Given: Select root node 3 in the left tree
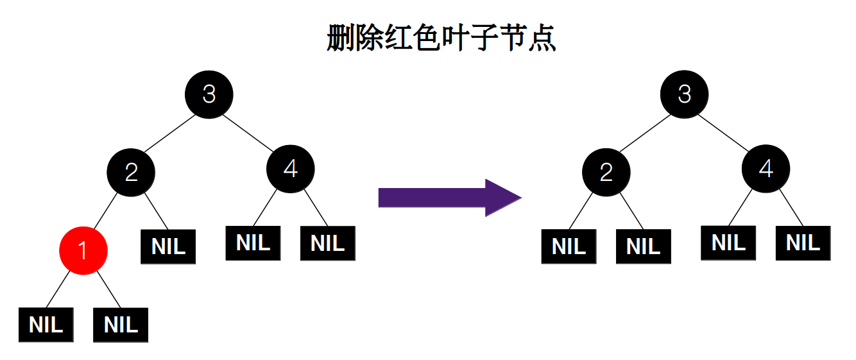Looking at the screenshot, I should (209, 94).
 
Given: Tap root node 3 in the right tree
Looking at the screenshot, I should (685, 94).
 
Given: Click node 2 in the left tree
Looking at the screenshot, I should (131, 172).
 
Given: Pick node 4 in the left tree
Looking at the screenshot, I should (291, 169).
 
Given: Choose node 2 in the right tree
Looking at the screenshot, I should (606, 172).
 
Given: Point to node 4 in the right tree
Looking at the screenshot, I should (766, 169).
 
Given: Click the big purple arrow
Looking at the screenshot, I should (449, 197).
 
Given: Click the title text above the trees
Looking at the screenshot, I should (441, 39).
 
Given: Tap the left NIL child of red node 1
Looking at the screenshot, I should (46, 325).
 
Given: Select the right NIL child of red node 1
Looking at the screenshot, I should (121, 325).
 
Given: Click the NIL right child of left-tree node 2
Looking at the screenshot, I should (168, 246).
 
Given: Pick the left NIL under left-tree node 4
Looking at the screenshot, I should (253, 243).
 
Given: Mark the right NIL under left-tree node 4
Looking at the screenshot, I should (327, 243).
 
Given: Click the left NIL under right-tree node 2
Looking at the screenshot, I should (569, 246).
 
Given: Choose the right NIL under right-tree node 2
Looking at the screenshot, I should (643, 246).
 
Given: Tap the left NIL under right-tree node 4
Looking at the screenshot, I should (728, 243).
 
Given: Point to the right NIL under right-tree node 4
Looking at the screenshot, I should (803, 243).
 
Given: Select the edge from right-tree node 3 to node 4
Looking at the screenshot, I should (725, 132).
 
